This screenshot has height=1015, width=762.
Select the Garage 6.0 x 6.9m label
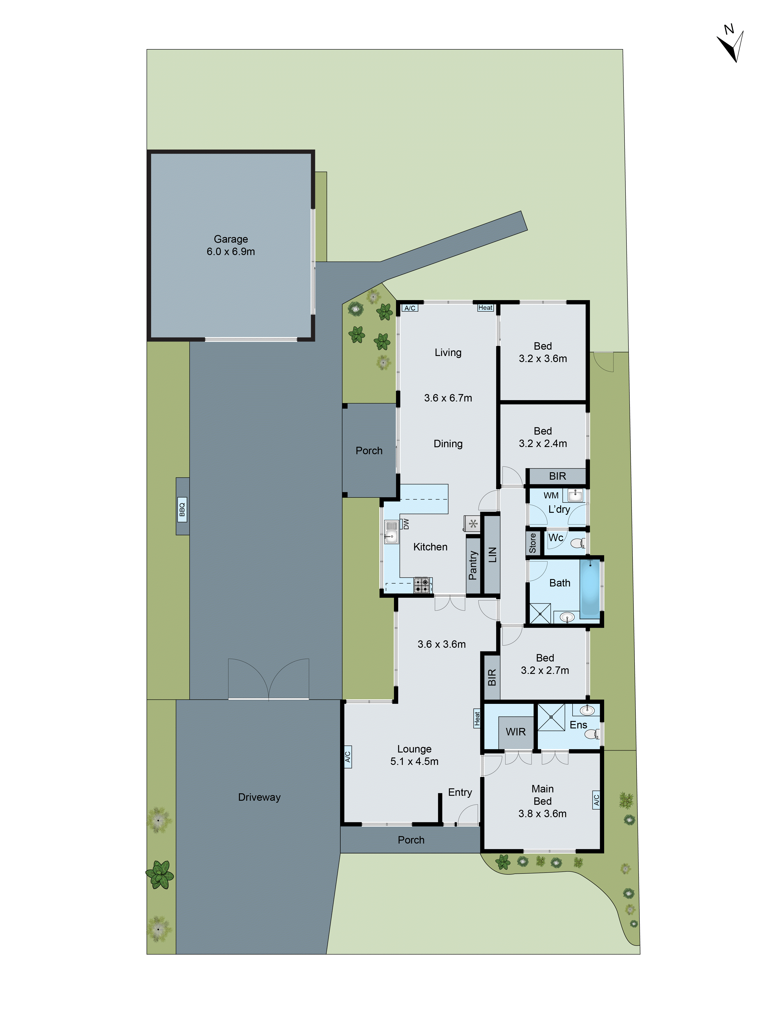[x=230, y=245]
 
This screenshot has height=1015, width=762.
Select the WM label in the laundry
[x=551, y=495]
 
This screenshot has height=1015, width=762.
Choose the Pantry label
[x=473, y=565]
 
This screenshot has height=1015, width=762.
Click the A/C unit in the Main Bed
[x=596, y=800]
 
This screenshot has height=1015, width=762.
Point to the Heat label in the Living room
[x=485, y=308]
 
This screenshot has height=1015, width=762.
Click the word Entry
[x=460, y=792]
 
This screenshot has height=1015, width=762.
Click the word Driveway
[x=259, y=797]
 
